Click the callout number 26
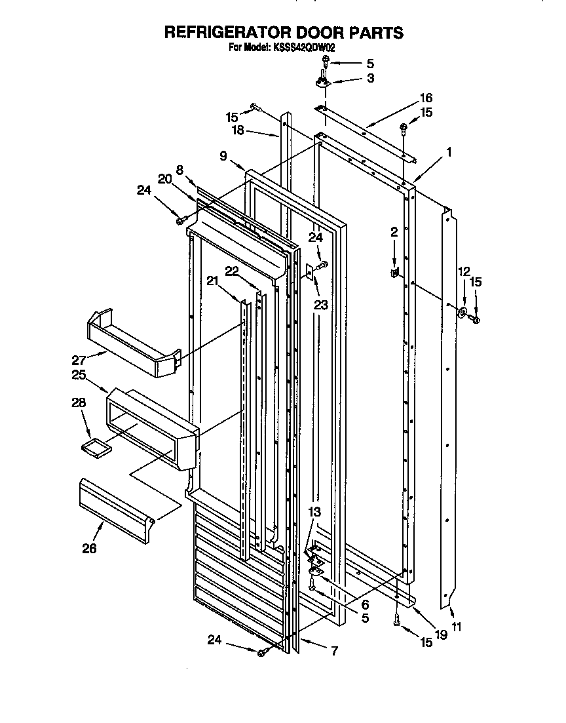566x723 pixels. [x=89, y=548]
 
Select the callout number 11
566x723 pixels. [x=456, y=627]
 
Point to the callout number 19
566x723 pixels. [x=441, y=635]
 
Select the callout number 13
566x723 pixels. [x=316, y=511]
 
